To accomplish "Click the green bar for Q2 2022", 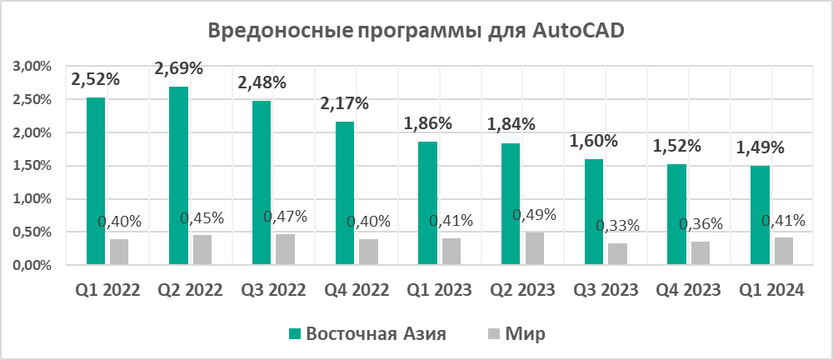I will click(178, 176).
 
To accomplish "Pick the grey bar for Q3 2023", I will click(617, 254).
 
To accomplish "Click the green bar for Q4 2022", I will click(344, 193).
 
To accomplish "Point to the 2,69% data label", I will click(179, 67).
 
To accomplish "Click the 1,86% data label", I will click(427, 123).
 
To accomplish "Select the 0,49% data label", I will click(534, 215).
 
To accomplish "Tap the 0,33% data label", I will click(617, 226).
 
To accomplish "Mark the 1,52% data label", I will click(676, 146).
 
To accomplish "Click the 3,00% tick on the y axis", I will click(31, 67).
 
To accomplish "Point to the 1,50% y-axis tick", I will click(31, 166).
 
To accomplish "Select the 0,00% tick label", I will click(31, 266).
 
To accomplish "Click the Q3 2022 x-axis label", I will click(273, 291).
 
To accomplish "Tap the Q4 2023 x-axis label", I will click(687, 291).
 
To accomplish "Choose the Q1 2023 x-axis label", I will click(438, 291).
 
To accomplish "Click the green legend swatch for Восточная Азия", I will click(294, 334).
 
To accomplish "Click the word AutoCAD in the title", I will click(576, 32).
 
